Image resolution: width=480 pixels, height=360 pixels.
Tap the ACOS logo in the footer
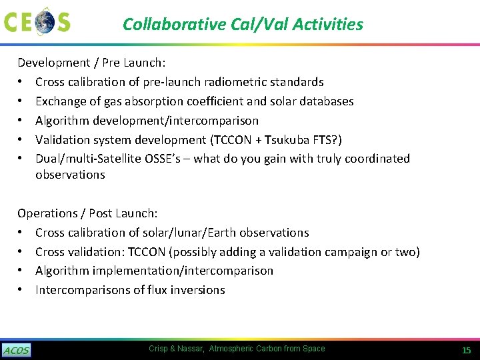pos(16,351)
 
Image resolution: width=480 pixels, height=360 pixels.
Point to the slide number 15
pos(466,350)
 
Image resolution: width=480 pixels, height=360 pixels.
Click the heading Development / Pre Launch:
pos(91,63)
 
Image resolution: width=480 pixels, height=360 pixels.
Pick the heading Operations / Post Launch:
pos(87,213)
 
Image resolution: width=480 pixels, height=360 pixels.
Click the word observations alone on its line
pos(70,175)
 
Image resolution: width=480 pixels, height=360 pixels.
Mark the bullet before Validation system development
pos(21,139)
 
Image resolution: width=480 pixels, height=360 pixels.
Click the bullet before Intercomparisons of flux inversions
pos(21,290)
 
